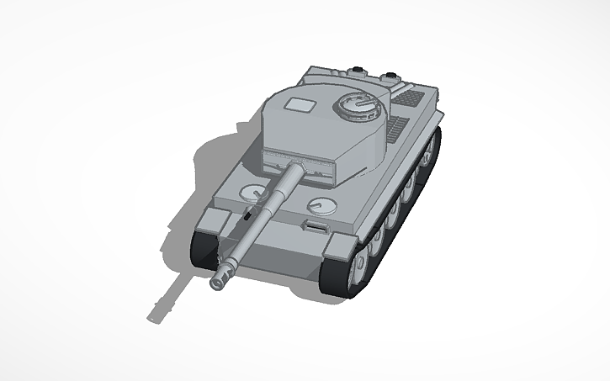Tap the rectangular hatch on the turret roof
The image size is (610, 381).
[299, 105]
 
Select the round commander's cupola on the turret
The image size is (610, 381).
[357, 105]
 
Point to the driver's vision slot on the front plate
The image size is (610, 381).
[315, 226]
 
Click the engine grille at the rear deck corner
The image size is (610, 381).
[410, 98]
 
